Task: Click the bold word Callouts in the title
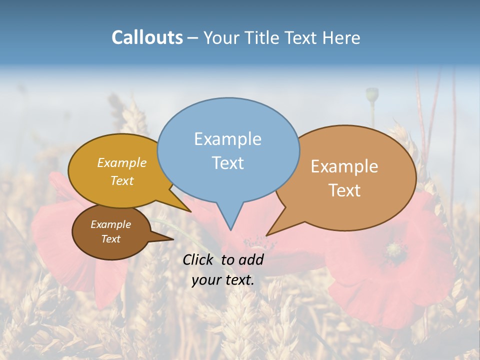tap(147, 37)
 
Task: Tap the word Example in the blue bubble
tap(227, 139)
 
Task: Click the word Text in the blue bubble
tap(227, 163)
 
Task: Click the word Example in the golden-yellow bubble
tap(121, 162)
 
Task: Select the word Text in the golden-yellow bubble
tap(121, 180)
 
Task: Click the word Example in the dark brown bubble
tap(110, 224)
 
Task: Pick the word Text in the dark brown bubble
tap(110, 239)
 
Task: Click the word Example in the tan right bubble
tap(344, 166)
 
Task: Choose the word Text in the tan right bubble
tap(344, 190)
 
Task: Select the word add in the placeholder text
tap(251, 259)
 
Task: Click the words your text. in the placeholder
tap(223, 280)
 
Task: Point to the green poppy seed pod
tap(372, 94)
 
